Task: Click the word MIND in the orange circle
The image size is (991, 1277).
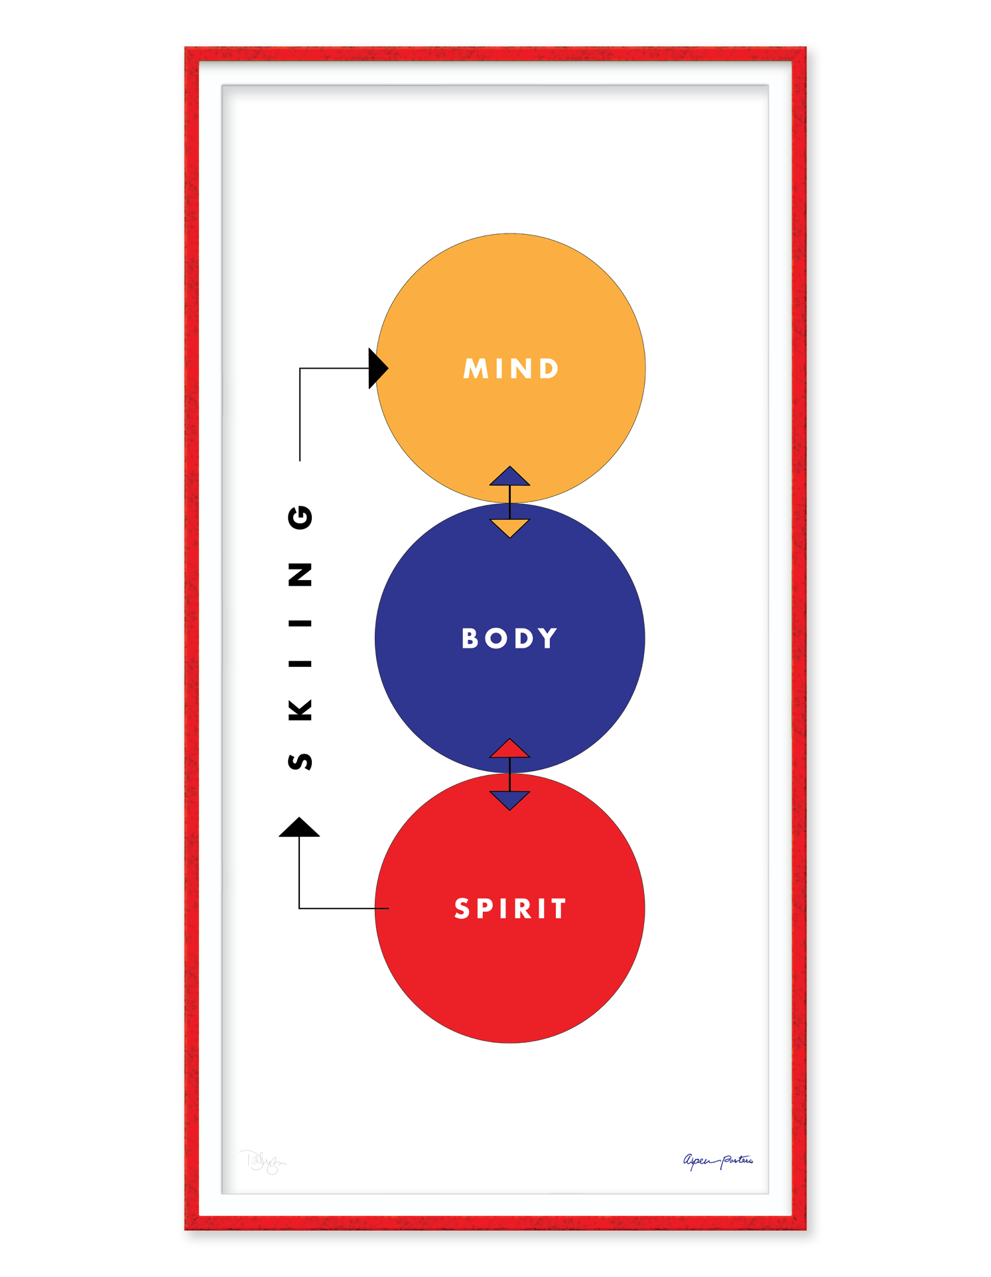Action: point(511,369)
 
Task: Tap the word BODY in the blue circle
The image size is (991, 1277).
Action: point(509,638)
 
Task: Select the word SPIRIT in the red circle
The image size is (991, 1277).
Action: point(510,908)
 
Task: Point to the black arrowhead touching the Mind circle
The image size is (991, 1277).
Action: point(377,368)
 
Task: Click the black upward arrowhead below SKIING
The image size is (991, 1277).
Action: point(299,827)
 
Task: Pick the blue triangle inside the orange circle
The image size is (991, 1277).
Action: point(509,477)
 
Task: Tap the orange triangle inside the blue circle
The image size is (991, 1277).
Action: point(509,527)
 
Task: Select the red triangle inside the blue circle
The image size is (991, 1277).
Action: point(509,749)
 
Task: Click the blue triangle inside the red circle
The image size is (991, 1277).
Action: point(509,800)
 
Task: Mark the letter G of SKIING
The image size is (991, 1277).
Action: point(300,517)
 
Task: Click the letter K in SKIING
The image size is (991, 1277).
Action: point(300,710)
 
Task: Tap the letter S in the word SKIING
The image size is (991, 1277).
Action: point(300,761)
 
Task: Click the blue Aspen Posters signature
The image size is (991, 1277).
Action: point(718,1160)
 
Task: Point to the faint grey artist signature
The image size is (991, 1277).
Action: point(263,1162)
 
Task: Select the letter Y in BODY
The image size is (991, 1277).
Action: point(547,638)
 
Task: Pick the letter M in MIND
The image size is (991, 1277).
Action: point(476,369)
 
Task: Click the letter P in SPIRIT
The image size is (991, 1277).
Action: point(489,908)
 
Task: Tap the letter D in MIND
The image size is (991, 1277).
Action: point(549,369)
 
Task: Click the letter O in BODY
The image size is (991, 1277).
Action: point(496,638)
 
